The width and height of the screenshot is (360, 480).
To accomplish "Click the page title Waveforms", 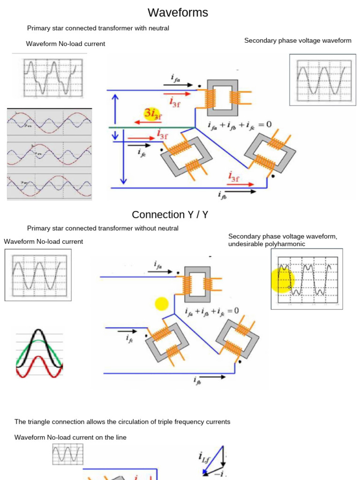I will click(x=178, y=13).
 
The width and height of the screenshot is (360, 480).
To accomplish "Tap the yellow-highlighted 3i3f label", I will click(x=152, y=113).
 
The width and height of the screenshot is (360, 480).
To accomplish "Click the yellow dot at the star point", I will click(x=161, y=304).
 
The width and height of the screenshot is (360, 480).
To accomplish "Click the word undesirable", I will click(x=244, y=244).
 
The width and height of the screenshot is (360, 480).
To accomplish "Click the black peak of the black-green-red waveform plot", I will click(x=39, y=334).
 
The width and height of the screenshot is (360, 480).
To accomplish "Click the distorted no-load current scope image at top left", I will click(x=53, y=78).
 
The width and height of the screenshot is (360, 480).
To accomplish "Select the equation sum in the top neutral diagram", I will click(x=239, y=125).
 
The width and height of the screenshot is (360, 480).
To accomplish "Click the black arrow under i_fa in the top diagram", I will click(x=178, y=85).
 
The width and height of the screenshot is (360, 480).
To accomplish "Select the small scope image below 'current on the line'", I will click(x=67, y=455).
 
